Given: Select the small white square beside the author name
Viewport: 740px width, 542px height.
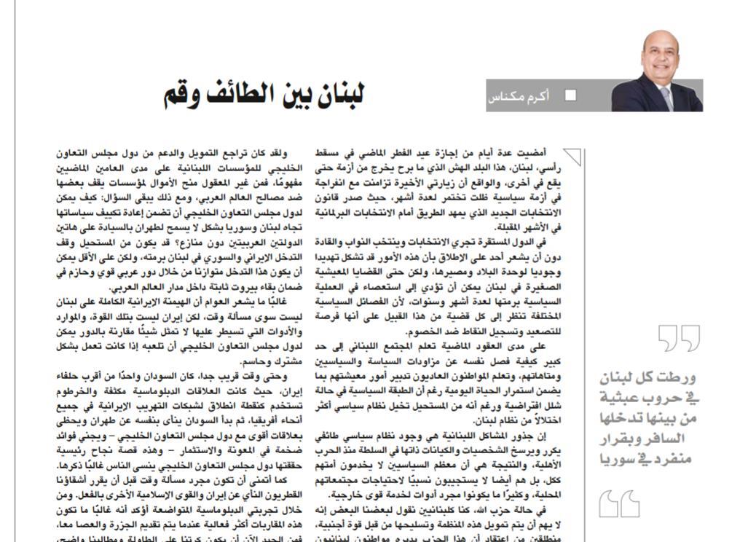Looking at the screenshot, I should [x=570, y=95].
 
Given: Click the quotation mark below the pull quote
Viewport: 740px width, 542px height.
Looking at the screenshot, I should [x=619, y=503].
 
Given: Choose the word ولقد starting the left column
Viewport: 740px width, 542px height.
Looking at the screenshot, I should [x=279, y=153].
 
